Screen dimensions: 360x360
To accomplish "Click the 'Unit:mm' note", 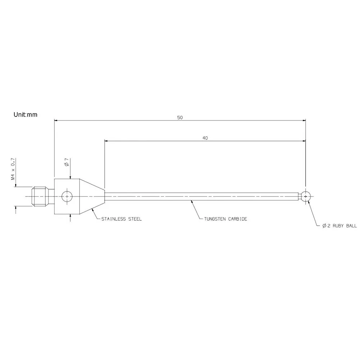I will click(25, 115).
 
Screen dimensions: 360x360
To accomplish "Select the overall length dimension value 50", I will click(180, 118).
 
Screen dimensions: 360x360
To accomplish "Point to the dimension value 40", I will click(205, 138).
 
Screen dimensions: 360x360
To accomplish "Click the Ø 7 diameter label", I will click(66, 162).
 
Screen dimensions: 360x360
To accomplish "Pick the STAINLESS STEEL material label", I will click(121, 219).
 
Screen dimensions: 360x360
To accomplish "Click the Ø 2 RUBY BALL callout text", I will click(340, 226).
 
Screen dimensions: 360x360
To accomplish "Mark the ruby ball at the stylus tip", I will click(306, 196).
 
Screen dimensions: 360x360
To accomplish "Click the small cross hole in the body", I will click(67, 196).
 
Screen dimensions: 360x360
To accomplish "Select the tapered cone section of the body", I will click(92, 196).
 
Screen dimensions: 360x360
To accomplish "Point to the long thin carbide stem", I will click(201, 196).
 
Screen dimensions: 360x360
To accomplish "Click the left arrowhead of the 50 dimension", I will click(56, 121).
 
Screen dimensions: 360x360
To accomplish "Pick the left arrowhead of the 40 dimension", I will click(107, 141).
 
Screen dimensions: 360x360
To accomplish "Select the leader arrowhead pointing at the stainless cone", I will click(93, 209).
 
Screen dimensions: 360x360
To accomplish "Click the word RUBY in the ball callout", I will click(339, 226).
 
